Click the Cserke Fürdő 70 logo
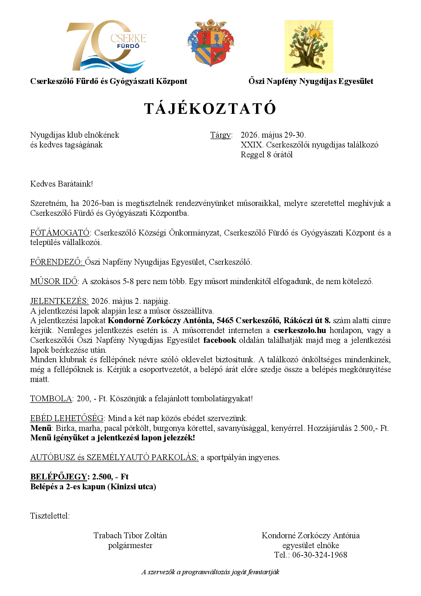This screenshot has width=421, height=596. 106,46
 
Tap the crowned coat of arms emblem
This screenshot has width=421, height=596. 211,43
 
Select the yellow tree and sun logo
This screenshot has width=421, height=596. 309,47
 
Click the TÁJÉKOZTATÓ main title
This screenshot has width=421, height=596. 210,109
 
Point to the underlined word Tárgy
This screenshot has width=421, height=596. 221,135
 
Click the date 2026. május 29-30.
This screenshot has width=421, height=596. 273,135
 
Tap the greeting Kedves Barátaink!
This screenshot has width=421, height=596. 61,184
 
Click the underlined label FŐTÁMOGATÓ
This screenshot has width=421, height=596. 60,233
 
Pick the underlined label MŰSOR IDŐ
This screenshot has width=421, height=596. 54,282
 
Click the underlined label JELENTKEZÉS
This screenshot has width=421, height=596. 59,301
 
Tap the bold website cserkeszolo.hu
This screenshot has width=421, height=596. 300,331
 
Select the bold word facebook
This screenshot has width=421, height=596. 220,340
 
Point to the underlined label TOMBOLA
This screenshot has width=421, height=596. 51,399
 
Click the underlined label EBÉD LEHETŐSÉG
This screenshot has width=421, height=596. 67,419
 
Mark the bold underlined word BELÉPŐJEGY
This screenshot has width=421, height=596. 59,477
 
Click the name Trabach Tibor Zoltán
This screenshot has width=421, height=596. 130,536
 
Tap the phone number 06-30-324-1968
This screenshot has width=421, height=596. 319,555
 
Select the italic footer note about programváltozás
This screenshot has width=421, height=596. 210,572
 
